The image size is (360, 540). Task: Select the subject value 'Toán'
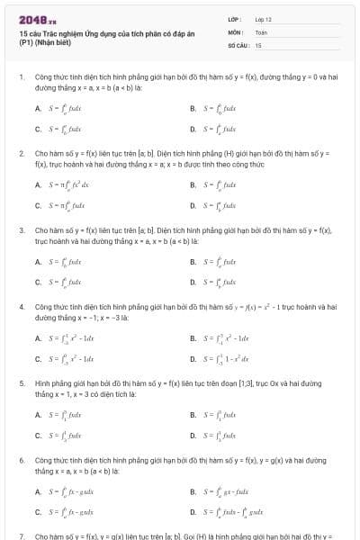click(261, 31)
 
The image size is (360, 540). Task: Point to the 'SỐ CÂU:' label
click(238, 44)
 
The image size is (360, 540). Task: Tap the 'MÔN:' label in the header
click(235, 31)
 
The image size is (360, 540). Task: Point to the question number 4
click(21, 307)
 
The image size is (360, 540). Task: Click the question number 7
click(21, 535)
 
